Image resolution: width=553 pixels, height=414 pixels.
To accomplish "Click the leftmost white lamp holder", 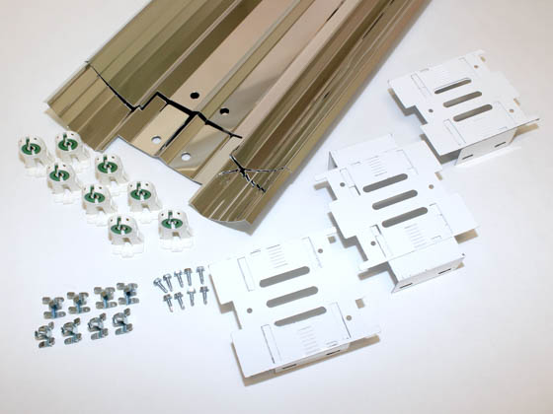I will pos(29,149).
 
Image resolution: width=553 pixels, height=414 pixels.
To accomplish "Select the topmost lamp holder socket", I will pos(68,144).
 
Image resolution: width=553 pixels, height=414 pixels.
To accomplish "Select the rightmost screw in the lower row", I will pos(197,296).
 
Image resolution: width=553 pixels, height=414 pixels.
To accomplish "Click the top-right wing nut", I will pos(127,292).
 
